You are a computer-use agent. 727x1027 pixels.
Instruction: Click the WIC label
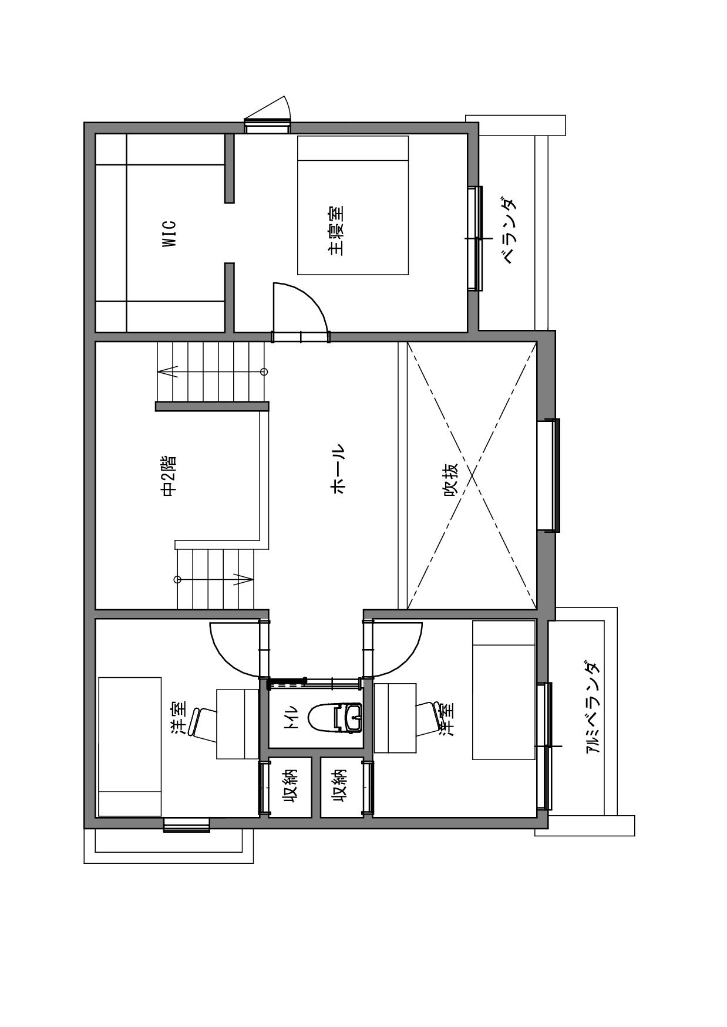tap(169, 233)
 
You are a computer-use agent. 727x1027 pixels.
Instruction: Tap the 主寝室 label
tap(336, 230)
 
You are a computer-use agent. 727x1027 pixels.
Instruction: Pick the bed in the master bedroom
tap(352, 205)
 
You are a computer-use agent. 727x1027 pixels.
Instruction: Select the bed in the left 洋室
tap(130, 746)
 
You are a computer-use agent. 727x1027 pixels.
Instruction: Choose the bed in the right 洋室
tap(504, 690)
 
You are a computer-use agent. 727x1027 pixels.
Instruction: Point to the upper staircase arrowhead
tap(168, 371)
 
